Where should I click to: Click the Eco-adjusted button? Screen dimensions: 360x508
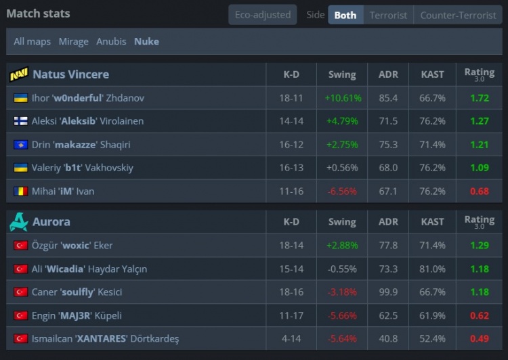(262, 15)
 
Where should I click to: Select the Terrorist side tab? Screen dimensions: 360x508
(388, 15)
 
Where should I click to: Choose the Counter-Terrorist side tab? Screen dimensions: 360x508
(458, 15)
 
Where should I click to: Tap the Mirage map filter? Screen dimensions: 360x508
(73, 41)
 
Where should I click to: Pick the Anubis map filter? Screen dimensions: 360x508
(111, 41)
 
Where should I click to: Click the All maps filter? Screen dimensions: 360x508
(32, 41)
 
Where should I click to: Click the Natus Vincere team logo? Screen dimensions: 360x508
(19, 74)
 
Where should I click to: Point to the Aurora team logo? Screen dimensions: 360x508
(19, 222)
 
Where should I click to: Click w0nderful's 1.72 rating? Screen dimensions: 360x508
(479, 98)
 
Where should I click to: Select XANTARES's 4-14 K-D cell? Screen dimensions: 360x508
(291, 338)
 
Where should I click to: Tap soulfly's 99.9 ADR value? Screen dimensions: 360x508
(388, 292)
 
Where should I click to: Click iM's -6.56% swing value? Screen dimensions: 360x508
(342, 192)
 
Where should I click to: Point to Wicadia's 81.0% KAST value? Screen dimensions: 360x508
(433, 269)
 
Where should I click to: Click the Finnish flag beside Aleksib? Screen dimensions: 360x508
(20, 121)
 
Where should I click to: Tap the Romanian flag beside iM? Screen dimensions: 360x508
(20, 192)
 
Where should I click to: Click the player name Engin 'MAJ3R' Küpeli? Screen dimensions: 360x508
(86, 315)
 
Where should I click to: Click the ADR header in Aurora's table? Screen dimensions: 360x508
(388, 222)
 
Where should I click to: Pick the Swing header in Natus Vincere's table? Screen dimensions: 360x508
(342, 74)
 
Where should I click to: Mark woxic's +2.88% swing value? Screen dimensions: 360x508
(343, 245)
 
